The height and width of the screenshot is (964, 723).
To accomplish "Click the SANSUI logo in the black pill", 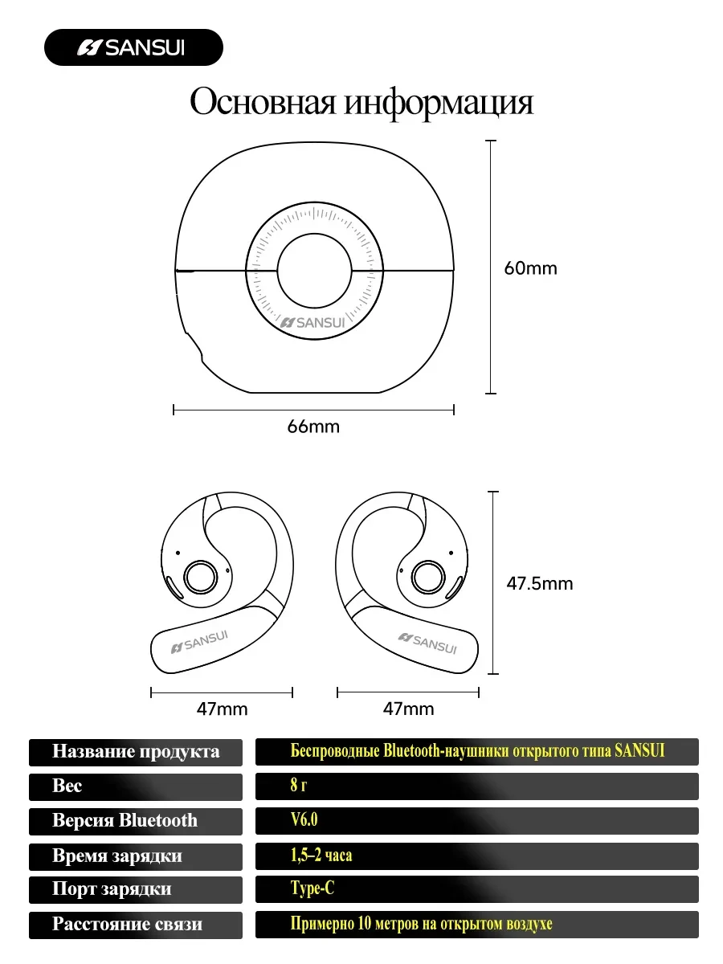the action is pyautogui.click(x=131, y=47).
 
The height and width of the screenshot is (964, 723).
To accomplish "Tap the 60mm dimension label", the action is pyautogui.click(x=530, y=268).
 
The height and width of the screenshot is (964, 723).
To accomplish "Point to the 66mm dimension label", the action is pyautogui.click(x=313, y=427).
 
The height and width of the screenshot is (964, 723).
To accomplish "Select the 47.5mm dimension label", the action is pyautogui.click(x=540, y=583).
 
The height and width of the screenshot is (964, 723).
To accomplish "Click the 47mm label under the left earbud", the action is pyautogui.click(x=222, y=709).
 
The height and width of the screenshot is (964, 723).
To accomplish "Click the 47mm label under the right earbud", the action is pyautogui.click(x=408, y=709).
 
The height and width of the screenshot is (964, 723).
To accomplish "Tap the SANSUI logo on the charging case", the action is pyautogui.click(x=312, y=323).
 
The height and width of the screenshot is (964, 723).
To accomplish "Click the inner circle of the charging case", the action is pyautogui.click(x=314, y=271).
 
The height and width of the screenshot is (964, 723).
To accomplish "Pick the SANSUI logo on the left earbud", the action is pyautogui.click(x=199, y=642).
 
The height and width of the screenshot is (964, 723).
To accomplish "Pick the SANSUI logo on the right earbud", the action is pyautogui.click(x=427, y=643).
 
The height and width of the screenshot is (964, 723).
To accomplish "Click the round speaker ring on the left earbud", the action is pyautogui.click(x=200, y=577).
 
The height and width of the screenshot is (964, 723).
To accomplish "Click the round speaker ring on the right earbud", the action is pyautogui.click(x=428, y=577).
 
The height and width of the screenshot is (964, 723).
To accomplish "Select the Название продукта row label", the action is pyautogui.click(x=136, y=752).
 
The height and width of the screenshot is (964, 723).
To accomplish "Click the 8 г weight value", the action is pyautogui.click(x=299, y=784).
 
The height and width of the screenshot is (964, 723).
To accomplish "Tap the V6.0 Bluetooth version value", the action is pyautogui.click(x=304, y=819).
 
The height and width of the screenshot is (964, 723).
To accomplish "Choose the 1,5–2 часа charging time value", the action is pyautogui.click(x=321, y=855).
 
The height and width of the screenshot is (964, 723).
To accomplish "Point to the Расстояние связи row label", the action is pyautogui.click(x=127, y=923).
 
